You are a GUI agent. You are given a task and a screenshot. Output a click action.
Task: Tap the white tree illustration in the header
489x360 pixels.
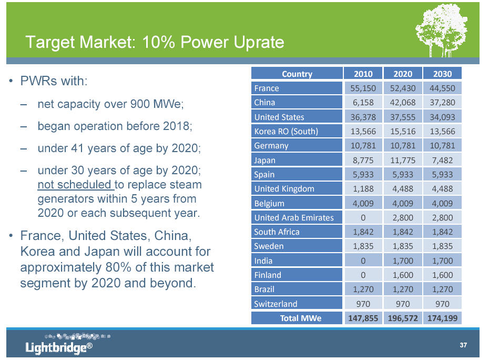tap(442, 31)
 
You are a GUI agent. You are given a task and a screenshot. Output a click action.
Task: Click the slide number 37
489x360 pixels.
tap(463, 345)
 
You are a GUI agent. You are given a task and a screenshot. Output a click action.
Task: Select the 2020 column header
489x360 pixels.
tap(403, 74)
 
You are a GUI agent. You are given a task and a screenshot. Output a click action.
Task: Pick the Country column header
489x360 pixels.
tap(297, 74)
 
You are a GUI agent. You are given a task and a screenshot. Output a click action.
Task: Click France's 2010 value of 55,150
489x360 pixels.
tap(363, 88)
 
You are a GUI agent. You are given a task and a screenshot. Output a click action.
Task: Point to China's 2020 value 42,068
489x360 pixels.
tap(403, 103)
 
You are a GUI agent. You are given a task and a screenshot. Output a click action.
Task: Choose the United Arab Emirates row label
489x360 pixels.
tap(294, 217)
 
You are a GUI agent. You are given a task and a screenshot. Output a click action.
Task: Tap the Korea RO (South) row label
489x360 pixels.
tap(286, 131)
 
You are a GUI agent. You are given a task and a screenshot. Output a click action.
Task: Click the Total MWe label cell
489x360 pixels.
tap(301, 318)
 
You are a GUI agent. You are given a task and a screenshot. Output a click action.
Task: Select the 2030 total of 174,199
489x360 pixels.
tap(442, 318)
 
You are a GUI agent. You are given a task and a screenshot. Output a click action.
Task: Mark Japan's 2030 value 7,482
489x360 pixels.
tap(442, 160)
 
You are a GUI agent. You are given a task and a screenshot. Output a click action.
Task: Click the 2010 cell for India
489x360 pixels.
tap(363, 261)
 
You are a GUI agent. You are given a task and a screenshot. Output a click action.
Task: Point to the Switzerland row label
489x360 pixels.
tap(276, 304)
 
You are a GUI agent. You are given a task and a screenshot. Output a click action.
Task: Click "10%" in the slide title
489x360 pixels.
tap(158, 42)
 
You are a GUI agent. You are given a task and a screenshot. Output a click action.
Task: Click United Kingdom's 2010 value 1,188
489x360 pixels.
tap(363, 189)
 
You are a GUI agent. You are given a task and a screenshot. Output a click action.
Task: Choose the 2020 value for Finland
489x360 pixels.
tap(403, 275)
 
